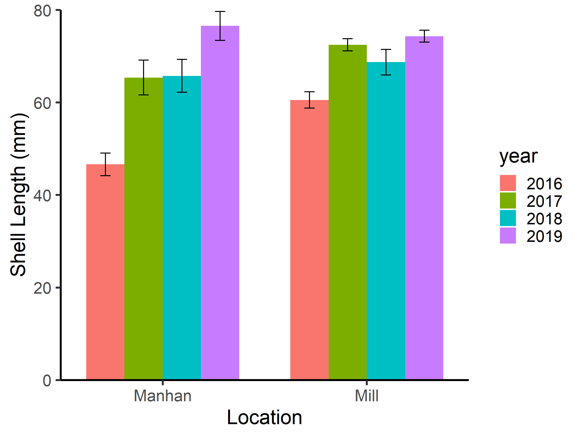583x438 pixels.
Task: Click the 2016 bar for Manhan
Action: tap(105, 272)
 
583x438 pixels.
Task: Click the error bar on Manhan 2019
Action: tap(220, 26)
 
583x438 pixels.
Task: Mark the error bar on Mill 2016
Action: tap(309, 100)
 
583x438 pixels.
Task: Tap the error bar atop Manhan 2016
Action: tap(105, 164)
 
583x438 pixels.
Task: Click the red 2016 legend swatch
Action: tap(508, 183)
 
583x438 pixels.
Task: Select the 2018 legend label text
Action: tap(544, 219)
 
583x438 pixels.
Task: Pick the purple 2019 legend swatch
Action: tap(508, 236)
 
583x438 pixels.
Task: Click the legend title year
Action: tap(518, 156)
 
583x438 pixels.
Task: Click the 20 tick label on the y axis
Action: tap(42, 288)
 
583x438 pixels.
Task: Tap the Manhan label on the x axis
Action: tap(162, 396)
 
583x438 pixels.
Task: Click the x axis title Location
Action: tap(264, 417)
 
